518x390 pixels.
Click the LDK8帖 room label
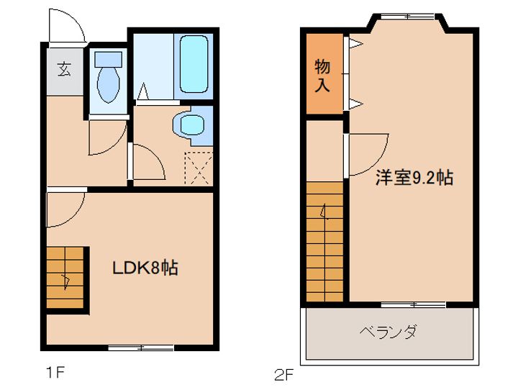145,269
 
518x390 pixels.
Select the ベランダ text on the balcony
388,333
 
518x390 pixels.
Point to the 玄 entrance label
65,70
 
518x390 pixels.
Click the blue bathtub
193,64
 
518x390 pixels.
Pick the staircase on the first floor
66,277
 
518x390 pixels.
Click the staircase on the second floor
325,241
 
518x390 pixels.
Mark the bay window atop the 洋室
407,17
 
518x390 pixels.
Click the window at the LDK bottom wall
141,348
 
